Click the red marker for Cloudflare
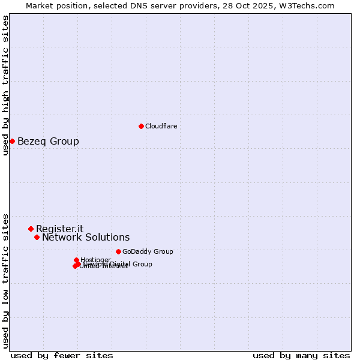(141, 126)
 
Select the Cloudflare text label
(161, 126)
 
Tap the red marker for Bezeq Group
(12, 141)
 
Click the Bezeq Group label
(48, 142)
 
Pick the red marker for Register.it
(31, 229)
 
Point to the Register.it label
(59, 229)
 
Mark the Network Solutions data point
(37, 237)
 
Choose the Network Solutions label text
(86, 238)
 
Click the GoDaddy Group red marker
(118, 251)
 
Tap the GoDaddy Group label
(148, 251)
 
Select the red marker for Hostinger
(76, 260)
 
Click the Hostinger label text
(95, 260)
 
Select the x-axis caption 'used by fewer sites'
(62, 355)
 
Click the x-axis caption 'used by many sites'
(301, 355)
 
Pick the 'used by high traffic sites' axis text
(5, 85)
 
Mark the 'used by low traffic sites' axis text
(5, 280)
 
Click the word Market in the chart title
(41, 5)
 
